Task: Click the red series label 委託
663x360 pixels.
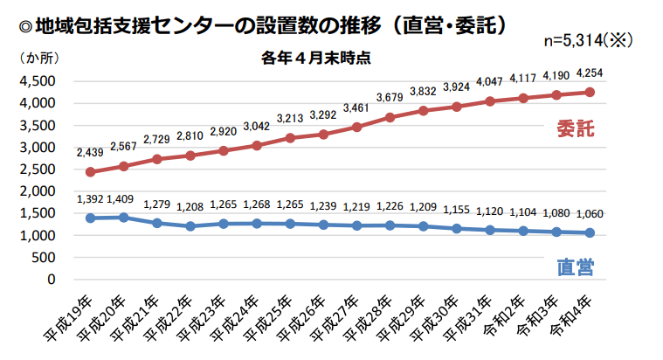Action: (575, 129)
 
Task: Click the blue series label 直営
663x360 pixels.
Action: (575, 267)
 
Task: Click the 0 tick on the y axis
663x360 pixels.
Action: (52, 280)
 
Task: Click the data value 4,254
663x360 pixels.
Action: (590, 73)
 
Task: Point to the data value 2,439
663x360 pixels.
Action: (90, 152)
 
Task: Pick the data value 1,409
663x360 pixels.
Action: (123, 198)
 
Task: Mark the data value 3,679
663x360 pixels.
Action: (390, 97)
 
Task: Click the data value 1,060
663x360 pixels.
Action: (590, 213)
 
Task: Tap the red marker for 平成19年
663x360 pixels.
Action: (90, 172)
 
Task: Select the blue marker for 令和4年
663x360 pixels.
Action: (590, 232)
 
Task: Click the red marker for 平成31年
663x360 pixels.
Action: (490, 101)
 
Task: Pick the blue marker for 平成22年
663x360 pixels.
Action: (190, 226)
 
